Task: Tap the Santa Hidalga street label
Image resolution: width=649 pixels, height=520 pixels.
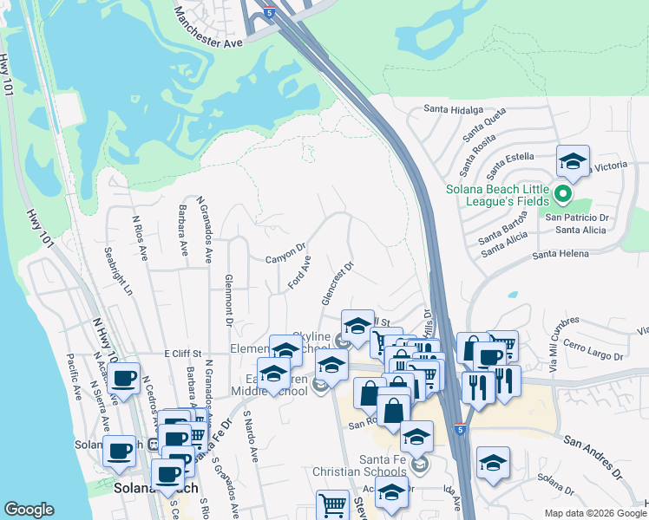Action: tap(452, 109)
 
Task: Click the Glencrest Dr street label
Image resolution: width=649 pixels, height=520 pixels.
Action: tap(338, 283)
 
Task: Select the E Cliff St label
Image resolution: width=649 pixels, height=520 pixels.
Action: tap(183, 354)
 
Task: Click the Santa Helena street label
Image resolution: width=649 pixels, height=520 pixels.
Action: tap(560, 253)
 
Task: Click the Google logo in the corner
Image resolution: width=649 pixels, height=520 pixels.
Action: tap(29, 510)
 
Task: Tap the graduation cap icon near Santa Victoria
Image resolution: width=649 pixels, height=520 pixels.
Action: tap(573, 161)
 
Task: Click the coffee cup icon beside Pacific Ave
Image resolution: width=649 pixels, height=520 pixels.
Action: tap(124, 378)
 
